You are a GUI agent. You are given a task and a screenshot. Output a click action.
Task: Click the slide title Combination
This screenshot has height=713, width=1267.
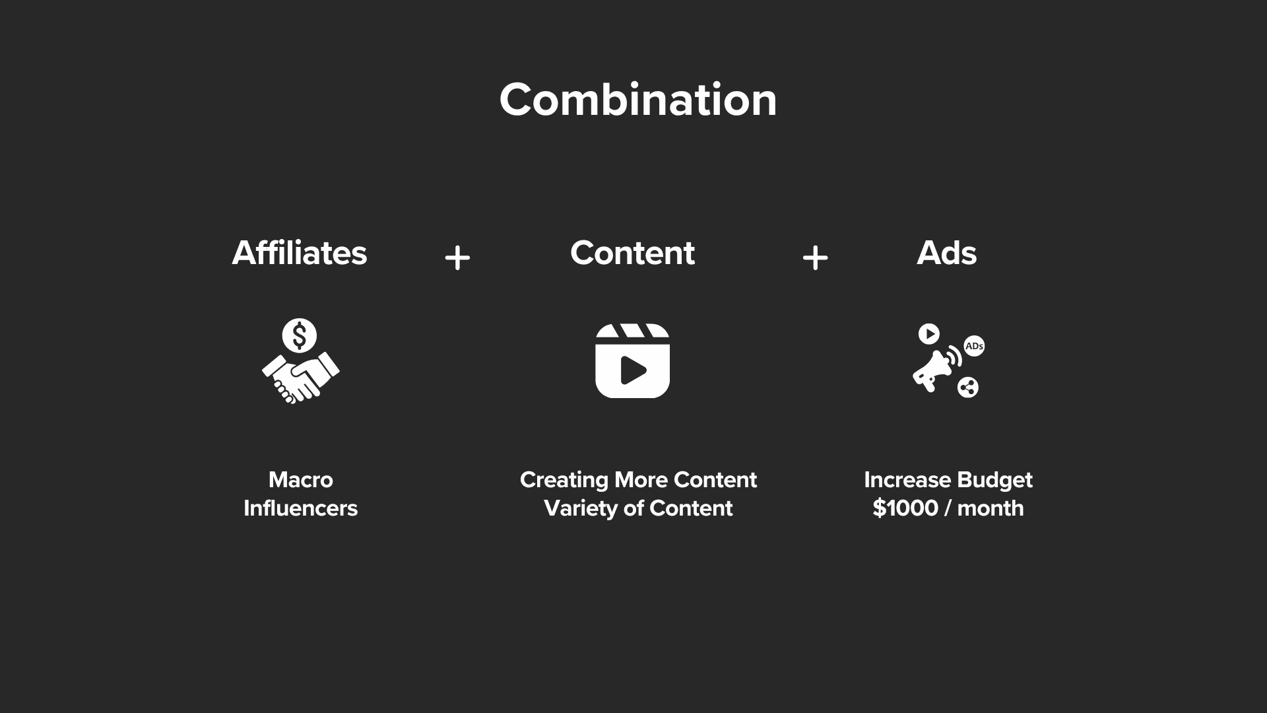(638, 100)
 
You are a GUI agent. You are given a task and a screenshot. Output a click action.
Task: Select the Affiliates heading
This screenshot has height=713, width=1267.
(300, 253)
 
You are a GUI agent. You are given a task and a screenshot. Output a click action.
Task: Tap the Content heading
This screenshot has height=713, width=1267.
(632, 253)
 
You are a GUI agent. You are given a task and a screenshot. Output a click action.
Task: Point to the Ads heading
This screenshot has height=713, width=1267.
(947, 253)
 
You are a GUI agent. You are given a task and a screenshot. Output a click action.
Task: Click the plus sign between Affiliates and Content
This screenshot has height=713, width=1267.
(457, 257)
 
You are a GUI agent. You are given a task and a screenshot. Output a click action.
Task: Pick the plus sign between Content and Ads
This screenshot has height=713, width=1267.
(815, 257)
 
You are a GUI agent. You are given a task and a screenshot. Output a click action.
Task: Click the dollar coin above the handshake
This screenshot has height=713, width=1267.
(300, 335)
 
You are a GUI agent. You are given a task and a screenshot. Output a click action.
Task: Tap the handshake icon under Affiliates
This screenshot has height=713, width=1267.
(301, 378)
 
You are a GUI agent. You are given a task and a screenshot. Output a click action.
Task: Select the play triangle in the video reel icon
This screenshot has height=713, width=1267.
(633, 370)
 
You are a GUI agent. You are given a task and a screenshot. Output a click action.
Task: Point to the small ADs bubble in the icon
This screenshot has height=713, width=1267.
(974, 346)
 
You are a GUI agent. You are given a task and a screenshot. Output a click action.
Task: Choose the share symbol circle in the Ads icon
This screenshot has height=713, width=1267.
(968, 388)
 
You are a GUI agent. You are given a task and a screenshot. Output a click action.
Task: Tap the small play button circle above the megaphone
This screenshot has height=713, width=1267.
(929, 334)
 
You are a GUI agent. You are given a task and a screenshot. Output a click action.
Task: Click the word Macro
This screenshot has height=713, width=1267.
(301, 480)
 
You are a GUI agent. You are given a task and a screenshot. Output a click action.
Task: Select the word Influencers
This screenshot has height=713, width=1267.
(301, 508)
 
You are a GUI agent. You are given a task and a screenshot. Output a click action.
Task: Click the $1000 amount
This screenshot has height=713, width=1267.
(905, 508)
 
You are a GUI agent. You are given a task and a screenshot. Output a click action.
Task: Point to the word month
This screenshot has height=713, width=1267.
(991, 508)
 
